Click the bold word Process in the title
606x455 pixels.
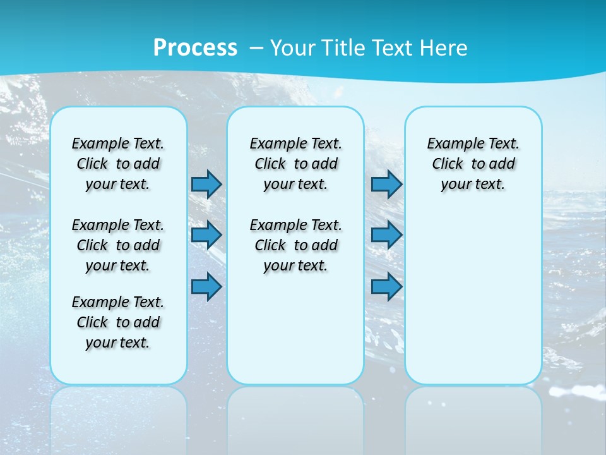195,48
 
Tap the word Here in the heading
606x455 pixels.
444,48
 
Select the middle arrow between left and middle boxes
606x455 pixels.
206,235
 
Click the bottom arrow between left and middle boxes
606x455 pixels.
206,288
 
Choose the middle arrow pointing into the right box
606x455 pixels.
386,235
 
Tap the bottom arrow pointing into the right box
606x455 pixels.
386,288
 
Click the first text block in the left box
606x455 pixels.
118,164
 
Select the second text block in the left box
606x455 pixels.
118,245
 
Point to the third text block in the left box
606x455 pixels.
118,322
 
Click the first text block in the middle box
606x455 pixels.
295,164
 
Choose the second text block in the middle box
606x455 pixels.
295,245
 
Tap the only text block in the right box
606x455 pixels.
473,164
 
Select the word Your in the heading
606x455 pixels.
293,48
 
